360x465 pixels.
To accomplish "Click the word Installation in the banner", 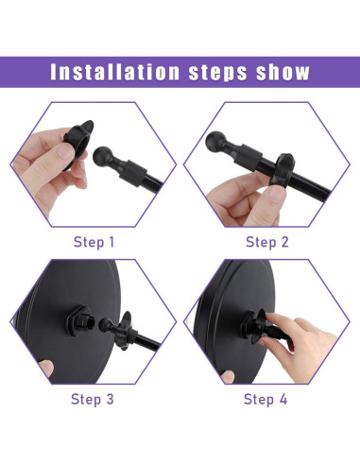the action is (114, 72).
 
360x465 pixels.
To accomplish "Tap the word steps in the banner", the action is (218, 73).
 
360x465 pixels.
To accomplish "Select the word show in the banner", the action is (283, 72).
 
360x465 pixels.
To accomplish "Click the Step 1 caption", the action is (94, 242).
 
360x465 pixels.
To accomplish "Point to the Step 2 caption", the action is (267, 242).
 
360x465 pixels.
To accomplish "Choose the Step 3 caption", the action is (92, 399).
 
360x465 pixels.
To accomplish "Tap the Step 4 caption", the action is (266, 399).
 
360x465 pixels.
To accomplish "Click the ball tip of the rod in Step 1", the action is (103, 156).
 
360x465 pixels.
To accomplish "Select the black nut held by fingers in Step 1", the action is (78, 144).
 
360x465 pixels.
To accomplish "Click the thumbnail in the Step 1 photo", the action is (65, 151).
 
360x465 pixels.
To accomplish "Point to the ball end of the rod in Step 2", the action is (215, 141).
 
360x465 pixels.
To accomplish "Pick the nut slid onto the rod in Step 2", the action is (283, 169).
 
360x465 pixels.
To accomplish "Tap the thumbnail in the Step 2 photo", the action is (276, 195).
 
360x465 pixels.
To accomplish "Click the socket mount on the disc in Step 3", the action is (79, 320).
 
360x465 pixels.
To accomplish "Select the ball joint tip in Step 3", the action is (105, 324).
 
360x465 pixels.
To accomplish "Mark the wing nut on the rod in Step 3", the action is (124, 331).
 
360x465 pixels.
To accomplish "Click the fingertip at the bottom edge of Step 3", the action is (46, 368).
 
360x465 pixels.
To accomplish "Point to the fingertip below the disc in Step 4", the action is (228, 377).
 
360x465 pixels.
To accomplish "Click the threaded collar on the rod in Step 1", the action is (134, 173).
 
